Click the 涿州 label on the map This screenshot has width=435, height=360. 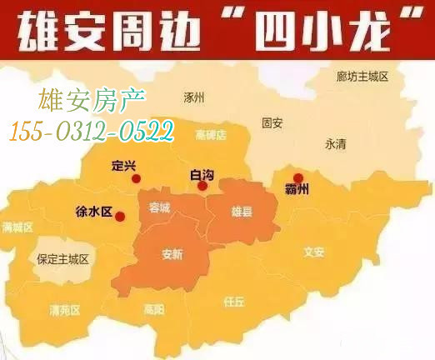[x=194, y=97]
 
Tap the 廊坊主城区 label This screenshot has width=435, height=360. [x=363, y=76]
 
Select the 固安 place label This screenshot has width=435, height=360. [x=272, y=122]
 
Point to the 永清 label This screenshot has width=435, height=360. [x=335, y=143]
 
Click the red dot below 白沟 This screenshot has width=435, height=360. [x=202, y=186]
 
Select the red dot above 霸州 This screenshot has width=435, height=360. [x=298, y=177]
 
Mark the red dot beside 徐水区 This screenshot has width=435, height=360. [x=120, y=217]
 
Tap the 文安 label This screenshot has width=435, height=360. [x=314, y=251]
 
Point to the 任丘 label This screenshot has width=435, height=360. [x=234, y=301]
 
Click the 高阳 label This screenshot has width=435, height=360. [x=154, y=309]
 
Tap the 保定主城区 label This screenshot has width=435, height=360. [x=62, y=260]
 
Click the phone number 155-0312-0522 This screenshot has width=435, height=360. [x=92, y=130]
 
